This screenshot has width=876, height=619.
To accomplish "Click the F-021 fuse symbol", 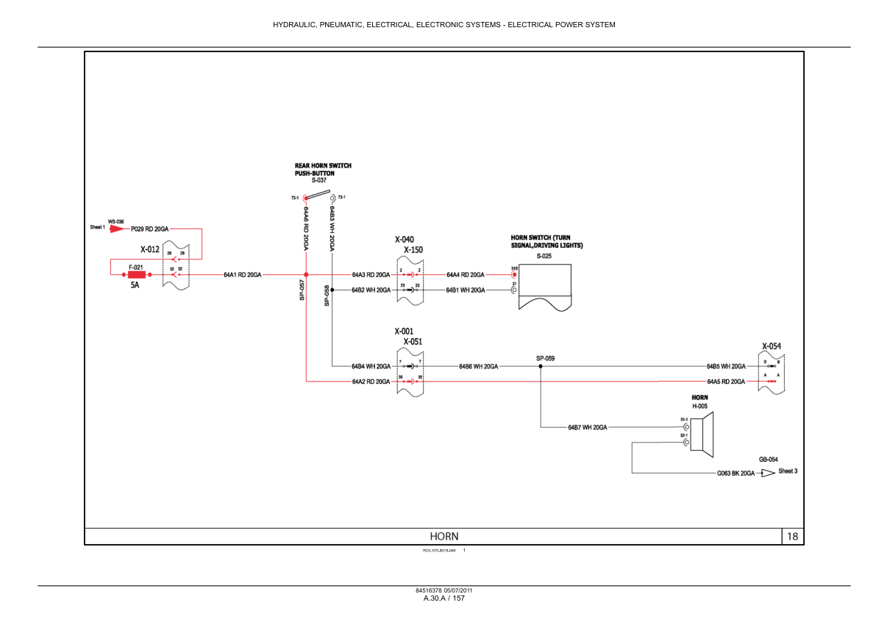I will click(x=136, y=274).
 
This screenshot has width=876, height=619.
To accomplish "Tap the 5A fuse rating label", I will click(x=135, y=285).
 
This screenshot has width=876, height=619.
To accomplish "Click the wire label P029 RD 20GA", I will click(x=149, y=229).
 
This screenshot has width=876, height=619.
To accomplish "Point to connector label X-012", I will click(x=150, y=249).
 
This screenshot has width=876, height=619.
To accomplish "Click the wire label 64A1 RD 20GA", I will click(x=243, y=274).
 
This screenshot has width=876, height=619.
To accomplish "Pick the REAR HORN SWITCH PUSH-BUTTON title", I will click(x=323, y=170).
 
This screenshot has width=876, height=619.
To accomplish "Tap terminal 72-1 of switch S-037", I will click(x=306, y=198).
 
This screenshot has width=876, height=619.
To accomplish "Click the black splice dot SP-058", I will click(x=332, y=290).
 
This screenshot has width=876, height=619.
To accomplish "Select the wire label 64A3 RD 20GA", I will click(x=371, y=274).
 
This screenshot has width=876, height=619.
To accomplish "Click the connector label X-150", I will click(x=413, y=250).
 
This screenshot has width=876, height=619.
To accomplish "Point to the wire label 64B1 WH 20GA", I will click(x=465, y=290).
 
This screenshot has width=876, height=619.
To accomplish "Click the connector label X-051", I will click(x=413, y=342).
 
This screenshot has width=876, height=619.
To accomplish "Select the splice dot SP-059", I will click(x=541, y=365).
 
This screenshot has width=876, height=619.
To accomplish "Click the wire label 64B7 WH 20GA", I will click(x=587, y=427).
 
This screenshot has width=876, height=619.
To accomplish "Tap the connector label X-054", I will click(x=772, y=346).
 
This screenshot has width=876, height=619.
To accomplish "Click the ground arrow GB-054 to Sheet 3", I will click(x=768, y=473).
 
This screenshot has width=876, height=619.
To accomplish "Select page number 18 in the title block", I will click(x=792, y=537).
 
